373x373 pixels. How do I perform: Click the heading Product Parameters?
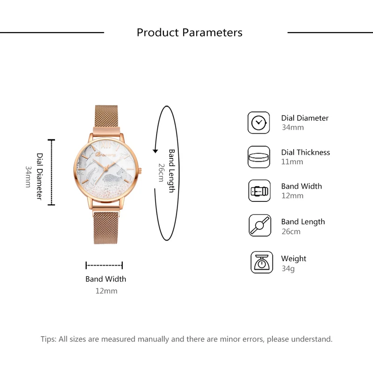coord(189,33)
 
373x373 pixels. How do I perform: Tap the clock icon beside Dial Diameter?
coord(259,123)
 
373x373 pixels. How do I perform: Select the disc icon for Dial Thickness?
coord(259,157)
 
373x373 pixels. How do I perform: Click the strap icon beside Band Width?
coord(259,191)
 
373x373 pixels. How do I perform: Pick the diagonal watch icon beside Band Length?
coord(260,226)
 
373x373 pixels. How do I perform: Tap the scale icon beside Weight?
coord(262,262)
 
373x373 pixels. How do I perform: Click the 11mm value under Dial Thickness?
coord(292,162)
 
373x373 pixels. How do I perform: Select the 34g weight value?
coord(288,269)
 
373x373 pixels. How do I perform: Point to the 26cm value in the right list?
coord(290,231)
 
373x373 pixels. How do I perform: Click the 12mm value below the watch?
coord(106,291)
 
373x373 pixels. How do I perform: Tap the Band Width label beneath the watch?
coord(105,279)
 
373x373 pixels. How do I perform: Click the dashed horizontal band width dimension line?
coord(104,265)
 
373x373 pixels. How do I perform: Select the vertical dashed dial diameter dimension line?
coord(52,172)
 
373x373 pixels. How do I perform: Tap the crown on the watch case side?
coord(140,171)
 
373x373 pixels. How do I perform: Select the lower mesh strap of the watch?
coord(106,226)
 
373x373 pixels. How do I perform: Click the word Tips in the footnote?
coord(48,339)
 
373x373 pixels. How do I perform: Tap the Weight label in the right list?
coord(294,258)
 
